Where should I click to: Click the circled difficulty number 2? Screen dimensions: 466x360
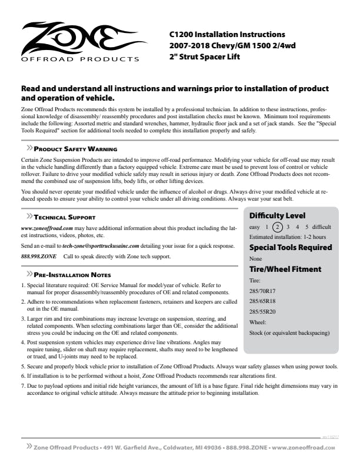pos(278,227)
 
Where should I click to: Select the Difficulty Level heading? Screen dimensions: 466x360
pos(277,215)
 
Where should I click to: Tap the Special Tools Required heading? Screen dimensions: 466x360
pos(291,247)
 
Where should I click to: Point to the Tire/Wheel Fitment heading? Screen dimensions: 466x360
pos(285,269)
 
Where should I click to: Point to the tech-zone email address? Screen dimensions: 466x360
pos(101,245)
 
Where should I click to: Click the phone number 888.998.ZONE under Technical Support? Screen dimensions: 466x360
pos(38,257)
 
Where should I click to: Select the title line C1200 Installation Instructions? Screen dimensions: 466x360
pos(227,35)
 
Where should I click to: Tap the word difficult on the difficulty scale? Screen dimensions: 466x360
pos(321,227)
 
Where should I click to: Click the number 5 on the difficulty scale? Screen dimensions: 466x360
pos(307,227)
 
